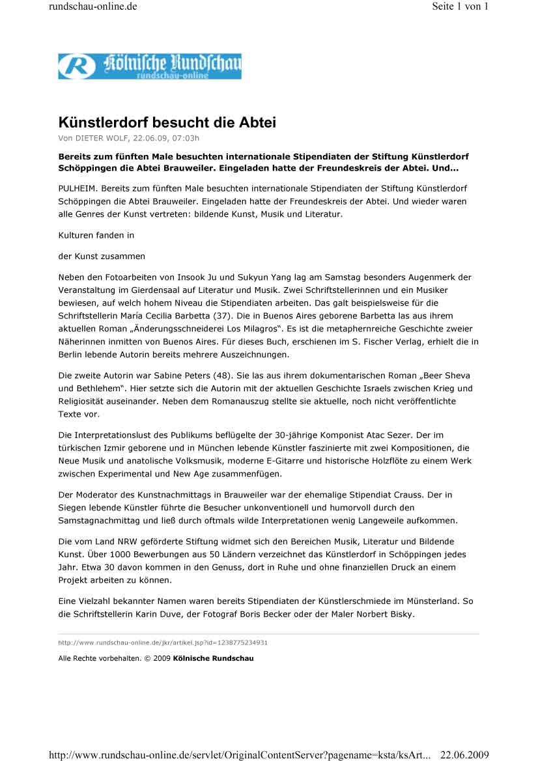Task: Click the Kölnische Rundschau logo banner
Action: pyautogui.click(x=149, y=66)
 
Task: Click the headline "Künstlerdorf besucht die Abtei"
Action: pyautogui.click(x=167, y=122)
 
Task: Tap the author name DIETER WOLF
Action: pyautogui.click(x=102, y=138)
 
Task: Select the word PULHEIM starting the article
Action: pyautogui.click(x=77, y=188)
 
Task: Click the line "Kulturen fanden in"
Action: pyautogui.click(x=96, y=235)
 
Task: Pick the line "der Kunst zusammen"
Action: pyautogui.click(x=102, y=256)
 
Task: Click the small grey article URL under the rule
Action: pyautogui.click(x=163, y=643)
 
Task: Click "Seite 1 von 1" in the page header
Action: pyautogui.click(x=459, y=7)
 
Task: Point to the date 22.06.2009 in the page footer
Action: pyautogui.click(x=464, y=754)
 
